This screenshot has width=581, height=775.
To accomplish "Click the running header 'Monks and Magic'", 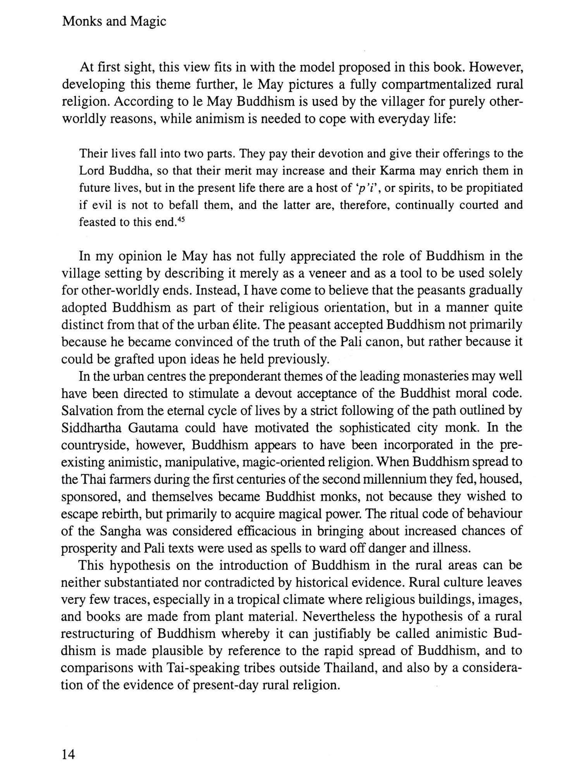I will tap(114, 22).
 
